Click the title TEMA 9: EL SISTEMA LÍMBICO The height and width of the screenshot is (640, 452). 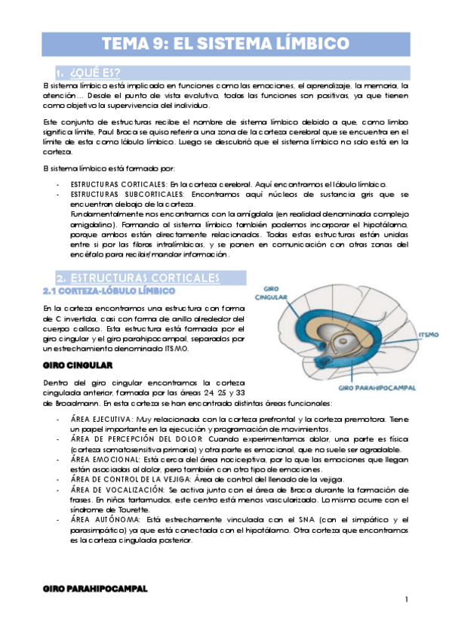(226, 42)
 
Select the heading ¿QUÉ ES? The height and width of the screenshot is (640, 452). (94, 73)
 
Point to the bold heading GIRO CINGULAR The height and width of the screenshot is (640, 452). (78, 365)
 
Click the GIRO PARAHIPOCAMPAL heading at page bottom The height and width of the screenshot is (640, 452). (95, 587)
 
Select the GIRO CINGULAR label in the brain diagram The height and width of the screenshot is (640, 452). (269, 292)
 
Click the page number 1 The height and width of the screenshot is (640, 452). (405, 599)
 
